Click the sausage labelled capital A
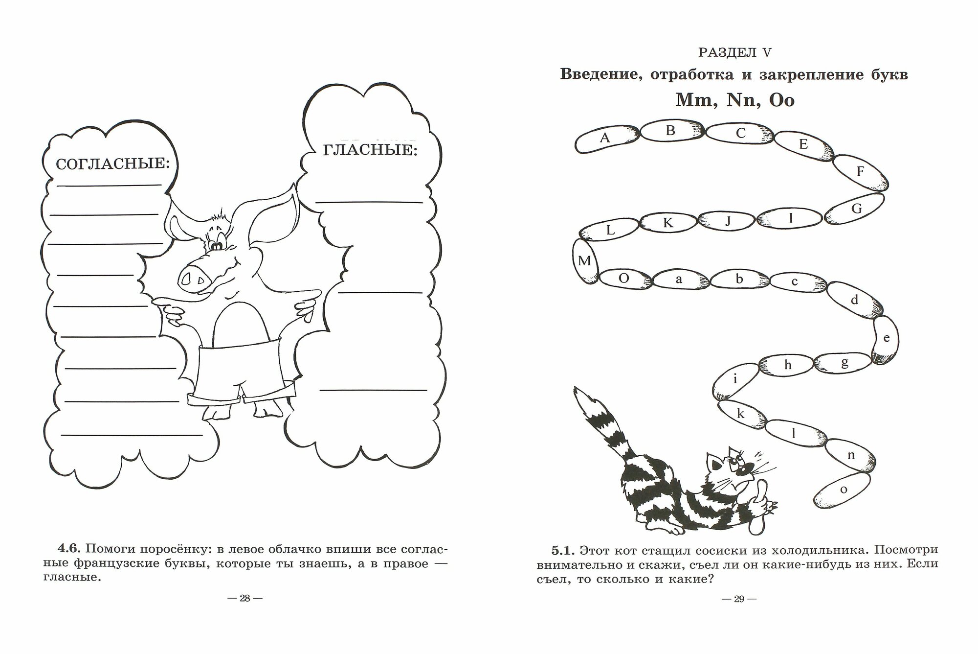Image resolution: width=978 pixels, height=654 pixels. pyautogui.click(x=605, y=138)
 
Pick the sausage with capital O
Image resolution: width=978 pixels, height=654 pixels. pyautogui.click(x=624, y=279)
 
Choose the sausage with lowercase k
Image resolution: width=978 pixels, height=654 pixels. pyautogui.click(x=740, y=414)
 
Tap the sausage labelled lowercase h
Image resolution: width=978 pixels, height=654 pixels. pyautogui.click(x=787, y=365)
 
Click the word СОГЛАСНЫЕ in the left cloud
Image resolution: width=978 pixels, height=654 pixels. pyautogui.click(x=112, y=163)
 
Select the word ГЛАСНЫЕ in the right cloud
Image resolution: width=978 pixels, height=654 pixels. pyautogui.click(x=370, y=149)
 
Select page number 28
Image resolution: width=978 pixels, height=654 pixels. pyautogui.click(x=245, y=599)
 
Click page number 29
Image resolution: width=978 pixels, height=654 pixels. pyautogui.click(x=738, y=599)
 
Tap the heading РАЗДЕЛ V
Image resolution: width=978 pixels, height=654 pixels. pyautogui.click(x=734, y=53)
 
